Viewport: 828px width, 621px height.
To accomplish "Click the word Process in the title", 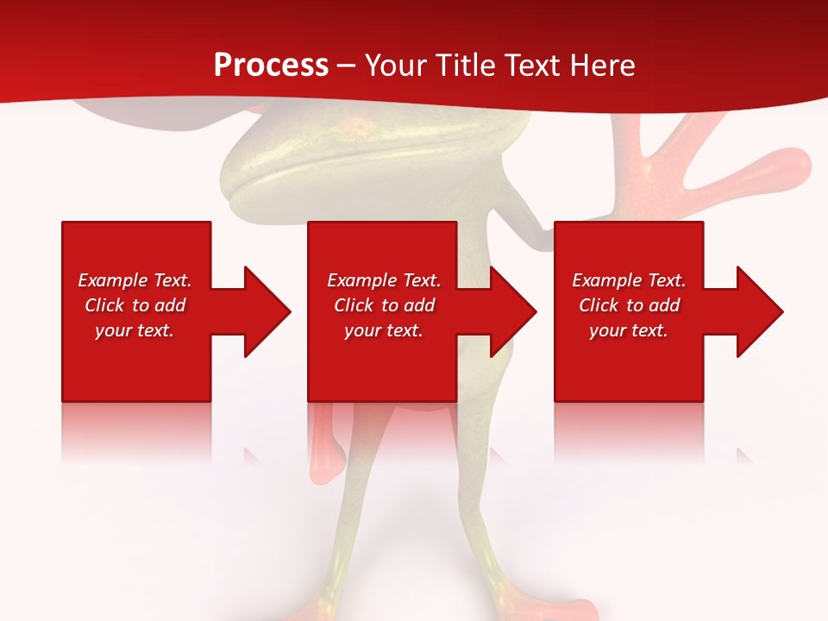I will (x=271, y=66).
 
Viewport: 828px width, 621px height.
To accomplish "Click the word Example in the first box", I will (x=112, y=280).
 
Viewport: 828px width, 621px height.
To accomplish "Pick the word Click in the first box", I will (x=105, y=305).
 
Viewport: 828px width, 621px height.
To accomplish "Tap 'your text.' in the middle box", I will (x=383, y=330).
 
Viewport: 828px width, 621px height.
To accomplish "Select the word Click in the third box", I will (x=599, y=305).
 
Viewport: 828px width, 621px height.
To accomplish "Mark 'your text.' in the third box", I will (x=628, y=330).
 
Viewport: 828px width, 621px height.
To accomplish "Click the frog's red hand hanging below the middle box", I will (x=326, y=440).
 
